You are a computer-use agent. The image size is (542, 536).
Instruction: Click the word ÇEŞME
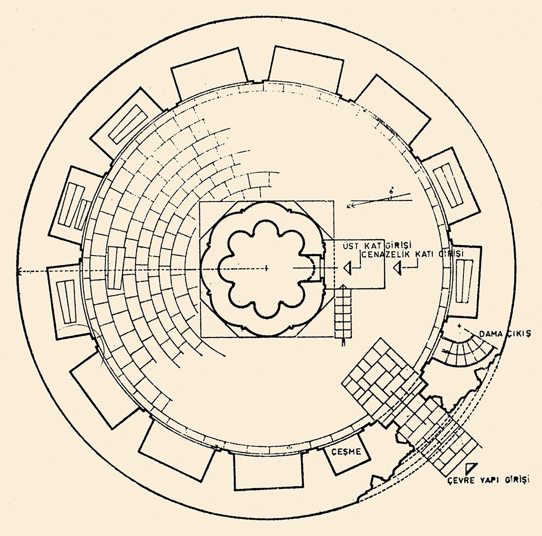pyautogui.click(x=346, y=452)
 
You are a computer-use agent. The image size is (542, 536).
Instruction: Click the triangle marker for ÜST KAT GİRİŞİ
pyautogui.click(x=347, y=268)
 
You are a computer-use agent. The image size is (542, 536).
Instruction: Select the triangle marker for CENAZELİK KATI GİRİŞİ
pyautogui.click(x=398, y=268)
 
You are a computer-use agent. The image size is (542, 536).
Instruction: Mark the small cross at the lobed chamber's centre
pyautogui.click(x=266, y=268)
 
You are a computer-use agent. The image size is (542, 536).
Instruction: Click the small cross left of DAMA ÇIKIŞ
pyautogui.click(x=459, y=326)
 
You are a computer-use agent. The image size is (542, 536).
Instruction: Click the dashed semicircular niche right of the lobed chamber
pyautogui.click(x=314, y=268)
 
